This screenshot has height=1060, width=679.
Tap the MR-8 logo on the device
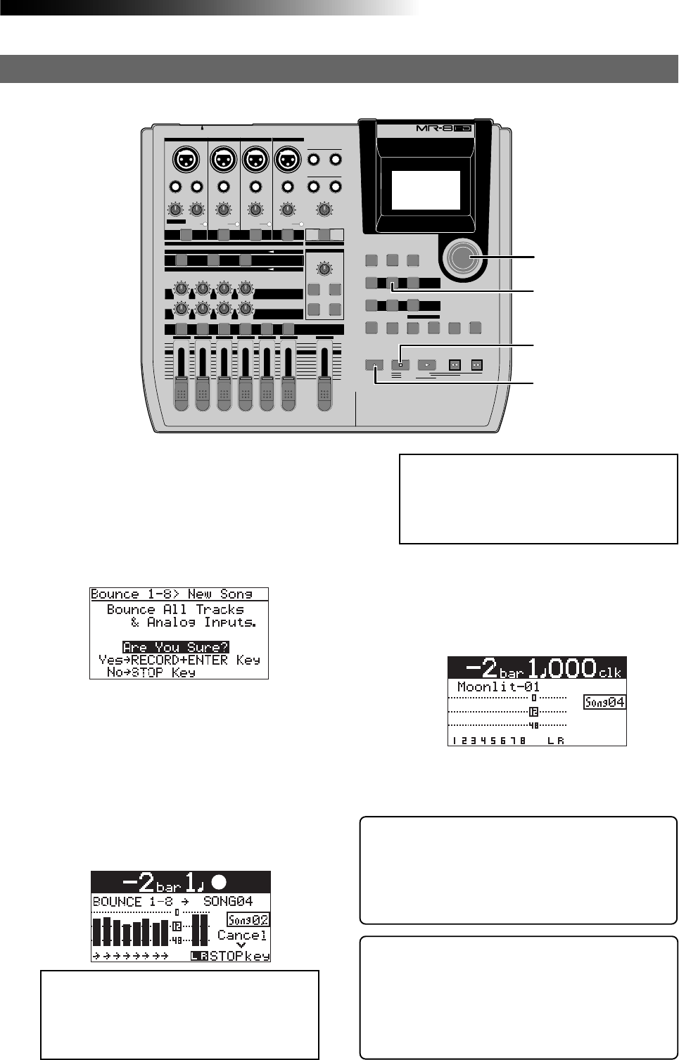[x=448, y=130]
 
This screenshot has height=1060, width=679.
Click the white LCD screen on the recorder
[x=426, y=190]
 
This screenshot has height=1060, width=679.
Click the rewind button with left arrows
[x=455, y=365]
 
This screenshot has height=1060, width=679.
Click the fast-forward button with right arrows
[x=476, y=365]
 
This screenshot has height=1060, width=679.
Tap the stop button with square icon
[x=400, y=365]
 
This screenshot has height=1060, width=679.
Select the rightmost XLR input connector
[x=288, y=160]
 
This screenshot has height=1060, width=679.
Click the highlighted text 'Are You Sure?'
[x=175, y=647]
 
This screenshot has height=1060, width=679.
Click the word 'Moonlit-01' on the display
[x=498, y=687]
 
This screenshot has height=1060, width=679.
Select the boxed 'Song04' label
[x=604, y=702]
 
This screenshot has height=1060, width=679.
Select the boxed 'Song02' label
[x=248, y=919]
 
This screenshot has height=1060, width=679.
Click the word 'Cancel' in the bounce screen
[x=241, y=935]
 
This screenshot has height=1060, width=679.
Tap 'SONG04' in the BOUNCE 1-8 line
[x=227, y=901]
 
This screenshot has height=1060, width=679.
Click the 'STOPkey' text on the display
[x=239, y=956]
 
